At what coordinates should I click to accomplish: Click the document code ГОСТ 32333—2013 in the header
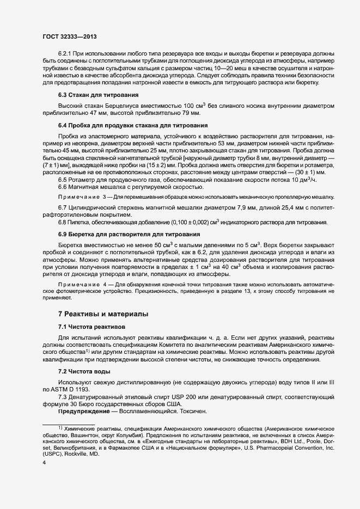70,36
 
